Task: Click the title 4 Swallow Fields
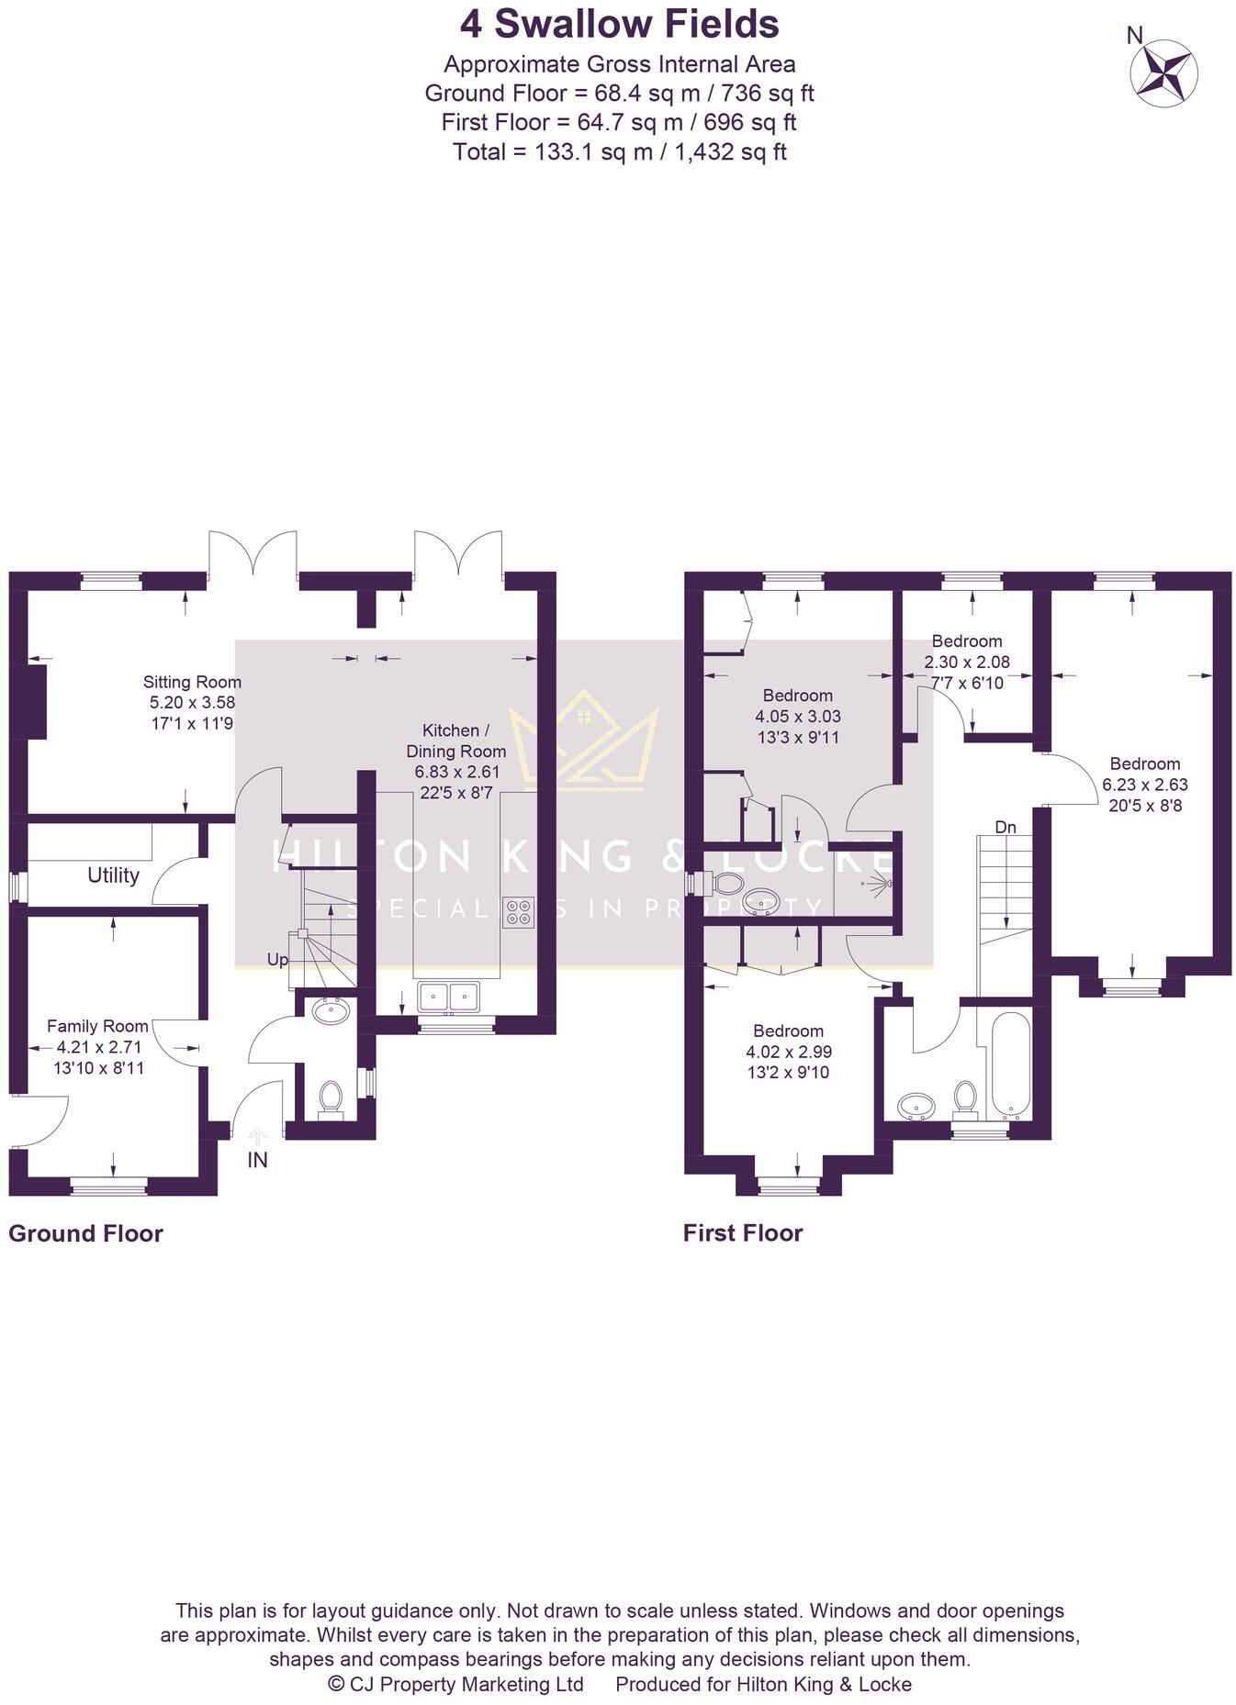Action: (x=619, y=25)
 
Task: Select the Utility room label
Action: (x=113, y=875)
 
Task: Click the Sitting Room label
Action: (x=192, y=682)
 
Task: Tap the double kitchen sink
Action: (x=449, y=996)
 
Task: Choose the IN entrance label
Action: (x=257, y=1161)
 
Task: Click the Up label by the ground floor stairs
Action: (x=277, y=960)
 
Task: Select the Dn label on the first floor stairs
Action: (x=1006, y=827)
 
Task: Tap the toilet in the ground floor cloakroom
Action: (x=330, y=1098)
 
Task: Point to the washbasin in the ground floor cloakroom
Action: (x=331, y=1011)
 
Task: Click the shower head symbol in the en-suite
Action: (x=880, y=885)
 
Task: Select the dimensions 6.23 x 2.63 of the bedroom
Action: (x=1145, y=785)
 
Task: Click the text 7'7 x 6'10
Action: (x=966, y=683)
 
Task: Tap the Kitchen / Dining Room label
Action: (x=455, y=741)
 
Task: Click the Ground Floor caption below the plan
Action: (x=85, y=1233)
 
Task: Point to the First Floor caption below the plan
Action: (x=742, y=1233)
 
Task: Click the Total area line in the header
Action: (x=619, y=151)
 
